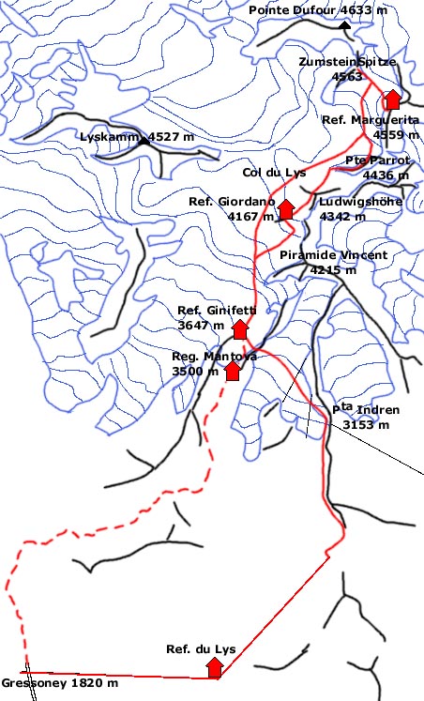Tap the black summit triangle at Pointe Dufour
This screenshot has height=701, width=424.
click(x=345, y=25)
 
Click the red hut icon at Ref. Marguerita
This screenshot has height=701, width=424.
click(x=392, y=99)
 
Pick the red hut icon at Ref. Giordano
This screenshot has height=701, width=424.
click(x=286, y=209)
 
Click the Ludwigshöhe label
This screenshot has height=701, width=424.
click(x=360, y=202)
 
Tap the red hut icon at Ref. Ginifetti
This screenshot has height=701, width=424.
click(x=239, y=328)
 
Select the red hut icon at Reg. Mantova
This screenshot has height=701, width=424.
click(x=232, y=371)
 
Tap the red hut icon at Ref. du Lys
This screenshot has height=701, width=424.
click(x=215, y=667)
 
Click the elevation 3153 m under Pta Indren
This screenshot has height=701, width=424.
click(x=367, y=424)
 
